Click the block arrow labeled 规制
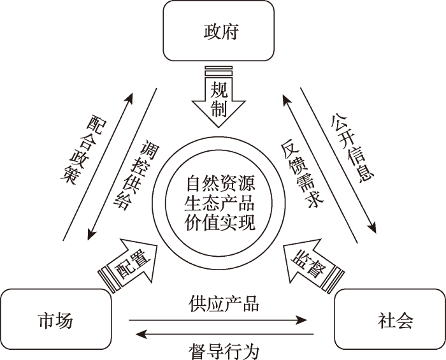coord(219,97)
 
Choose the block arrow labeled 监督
coord(312,266)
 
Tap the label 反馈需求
coord(302,174)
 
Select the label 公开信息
coord(352,147)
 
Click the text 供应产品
coord(224,304)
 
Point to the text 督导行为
coord(224,352)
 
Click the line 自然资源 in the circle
coord(220,183)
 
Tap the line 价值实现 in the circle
coord(220,222)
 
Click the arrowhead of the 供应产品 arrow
coord(301,320)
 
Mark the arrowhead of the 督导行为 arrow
coord(141,334)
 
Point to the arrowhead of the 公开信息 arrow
coord(372,227)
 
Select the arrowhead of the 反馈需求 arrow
coord(285,100)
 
